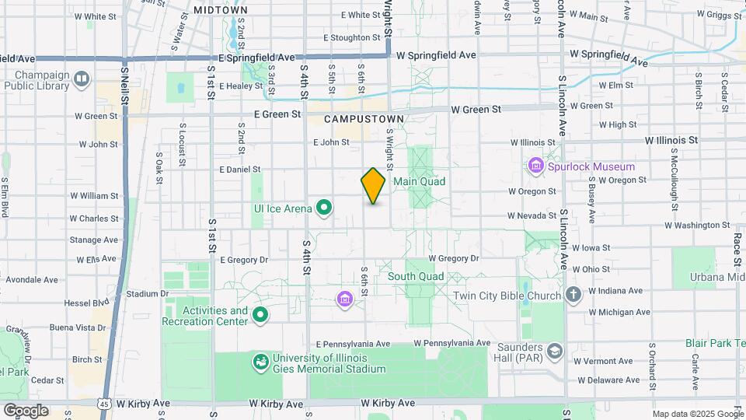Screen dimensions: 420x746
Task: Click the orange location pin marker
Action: tap(373, 186)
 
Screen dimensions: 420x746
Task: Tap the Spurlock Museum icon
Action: tap(535, 166)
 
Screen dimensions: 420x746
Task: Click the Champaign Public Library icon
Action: tap(82, 79)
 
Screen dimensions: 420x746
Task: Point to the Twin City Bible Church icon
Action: tap(573, 295)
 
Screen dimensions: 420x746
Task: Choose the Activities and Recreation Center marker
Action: tap(260, 315)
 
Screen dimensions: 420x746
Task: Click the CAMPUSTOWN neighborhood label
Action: tap(364, 119)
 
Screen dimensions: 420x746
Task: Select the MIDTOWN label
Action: tap(214, 9)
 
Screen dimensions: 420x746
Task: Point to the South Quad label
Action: tap(416, 276)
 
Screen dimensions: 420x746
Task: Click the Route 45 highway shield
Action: tap(103, 404)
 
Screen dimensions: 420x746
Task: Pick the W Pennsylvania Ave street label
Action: tap(451, 342)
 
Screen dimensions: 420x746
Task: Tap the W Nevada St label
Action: tap(532, 215)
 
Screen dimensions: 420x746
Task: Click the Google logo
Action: tap(26, 411)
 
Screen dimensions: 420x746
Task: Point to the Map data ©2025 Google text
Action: tap(697, 414)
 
